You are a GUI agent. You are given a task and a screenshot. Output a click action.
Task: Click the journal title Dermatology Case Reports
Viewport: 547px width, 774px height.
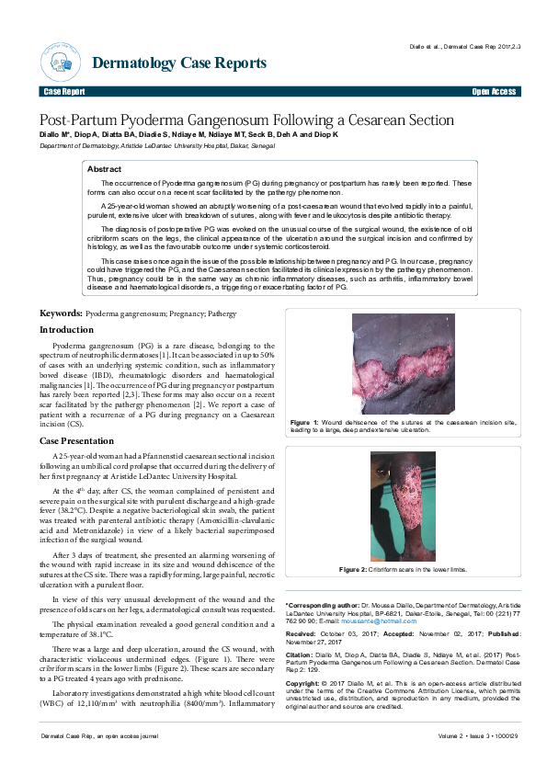coord(179,63)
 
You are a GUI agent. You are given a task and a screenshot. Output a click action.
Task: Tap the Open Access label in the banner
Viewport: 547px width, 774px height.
coord(494,93)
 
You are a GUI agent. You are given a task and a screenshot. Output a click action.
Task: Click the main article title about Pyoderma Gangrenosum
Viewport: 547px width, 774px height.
coord(245,120)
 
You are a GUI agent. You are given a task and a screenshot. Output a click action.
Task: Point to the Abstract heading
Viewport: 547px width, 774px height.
coord(104,170)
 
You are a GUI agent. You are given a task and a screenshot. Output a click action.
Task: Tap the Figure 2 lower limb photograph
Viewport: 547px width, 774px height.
coord(403,506)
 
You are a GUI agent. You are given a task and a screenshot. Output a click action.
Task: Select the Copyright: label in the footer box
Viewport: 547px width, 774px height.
coord(304,685)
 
